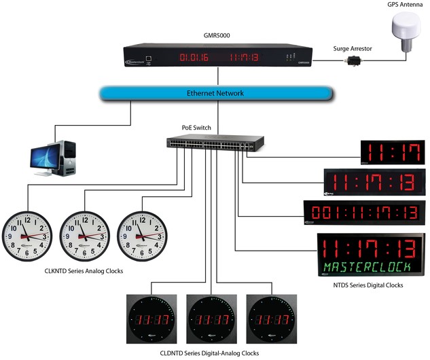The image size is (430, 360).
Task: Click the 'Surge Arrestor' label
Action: [353, 50]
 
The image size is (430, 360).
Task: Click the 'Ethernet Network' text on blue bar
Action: [215, 93]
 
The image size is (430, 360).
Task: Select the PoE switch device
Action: [215, 144]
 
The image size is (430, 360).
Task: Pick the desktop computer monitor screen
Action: [48, 153]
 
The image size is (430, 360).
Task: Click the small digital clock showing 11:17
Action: [382, 153]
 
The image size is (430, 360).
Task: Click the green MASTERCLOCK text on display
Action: [370, 266]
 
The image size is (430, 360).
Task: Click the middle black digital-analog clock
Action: [212, 319]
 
